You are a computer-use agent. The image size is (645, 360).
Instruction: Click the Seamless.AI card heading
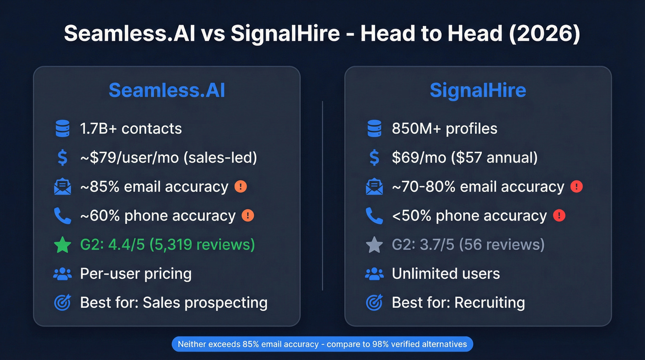click(x=167, y=90)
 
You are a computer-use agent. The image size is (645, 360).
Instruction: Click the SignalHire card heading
click(x=478, y=90)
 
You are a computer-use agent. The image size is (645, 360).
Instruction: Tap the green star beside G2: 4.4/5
click(x=62, y=245)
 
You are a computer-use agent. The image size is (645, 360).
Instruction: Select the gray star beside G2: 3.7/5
click(x=374, y=245)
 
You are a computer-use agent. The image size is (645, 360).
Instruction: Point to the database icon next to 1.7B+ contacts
click(x=62, y=129)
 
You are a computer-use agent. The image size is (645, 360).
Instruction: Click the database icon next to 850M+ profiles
click(x=374, y=129)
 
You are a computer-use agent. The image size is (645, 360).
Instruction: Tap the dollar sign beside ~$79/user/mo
click(x=62, y=158)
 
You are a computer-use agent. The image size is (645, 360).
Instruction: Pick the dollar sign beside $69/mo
click(x=374, y=158)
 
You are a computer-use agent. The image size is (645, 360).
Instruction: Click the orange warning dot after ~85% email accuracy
click(x=240, y=187)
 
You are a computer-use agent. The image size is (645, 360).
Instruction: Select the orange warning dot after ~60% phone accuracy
click(x=248, y=216)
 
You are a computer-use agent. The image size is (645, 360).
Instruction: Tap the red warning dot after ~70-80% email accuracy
click(x=576, y=187)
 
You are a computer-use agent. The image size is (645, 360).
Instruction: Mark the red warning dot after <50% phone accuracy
click(x=559, y=216)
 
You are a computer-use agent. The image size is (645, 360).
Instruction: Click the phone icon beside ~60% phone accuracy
click(x=62, y=216)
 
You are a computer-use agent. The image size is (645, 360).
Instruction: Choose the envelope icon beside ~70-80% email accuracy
click(x=374, y=187)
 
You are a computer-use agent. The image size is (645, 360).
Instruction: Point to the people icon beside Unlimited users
click(x=374, y=274)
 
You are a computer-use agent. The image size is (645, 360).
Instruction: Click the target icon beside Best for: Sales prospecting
click(x=62, y=303)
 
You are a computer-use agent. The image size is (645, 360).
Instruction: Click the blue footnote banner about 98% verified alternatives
click(x=322, y=344)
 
